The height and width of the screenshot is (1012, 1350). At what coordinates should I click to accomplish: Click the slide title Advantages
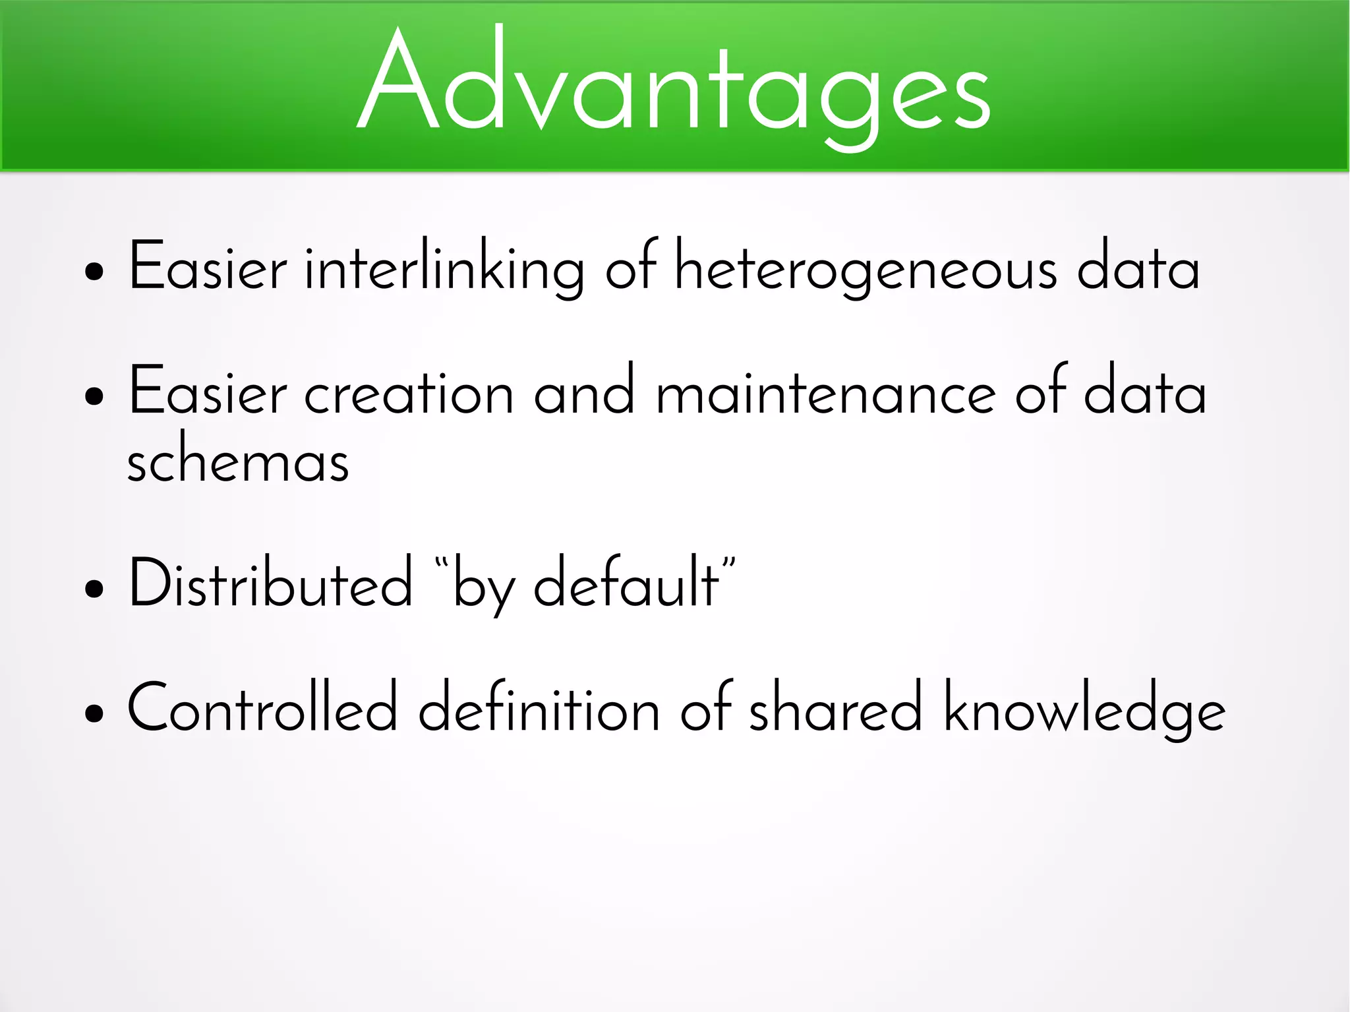[674, 86]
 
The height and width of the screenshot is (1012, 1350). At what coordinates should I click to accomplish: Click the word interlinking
[444, 267]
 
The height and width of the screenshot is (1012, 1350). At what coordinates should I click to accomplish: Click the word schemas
[237, 461]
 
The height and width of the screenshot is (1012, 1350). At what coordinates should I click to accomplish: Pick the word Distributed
[270, 583]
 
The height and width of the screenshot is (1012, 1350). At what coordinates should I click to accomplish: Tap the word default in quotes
[626, 583]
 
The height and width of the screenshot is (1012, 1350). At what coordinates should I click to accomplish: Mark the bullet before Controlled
[94, 713]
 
